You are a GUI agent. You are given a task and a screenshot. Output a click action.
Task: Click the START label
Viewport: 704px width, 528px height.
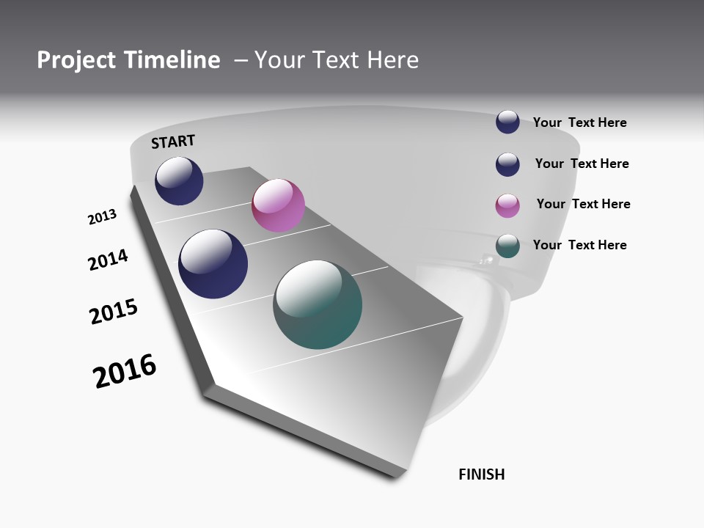click(x=173, y=142)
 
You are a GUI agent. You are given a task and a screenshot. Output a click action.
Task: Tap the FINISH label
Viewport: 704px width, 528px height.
click(x=482, y=474)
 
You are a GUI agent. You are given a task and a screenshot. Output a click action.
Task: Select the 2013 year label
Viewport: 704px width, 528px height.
click(x=102, y=217)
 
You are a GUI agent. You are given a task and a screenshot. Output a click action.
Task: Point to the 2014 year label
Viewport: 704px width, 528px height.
click(x=109, y=260)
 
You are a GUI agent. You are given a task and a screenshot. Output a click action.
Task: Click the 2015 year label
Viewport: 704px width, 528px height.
click(x=114, y=312)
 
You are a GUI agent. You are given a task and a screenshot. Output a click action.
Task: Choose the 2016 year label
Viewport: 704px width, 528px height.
click(x=125, y=371)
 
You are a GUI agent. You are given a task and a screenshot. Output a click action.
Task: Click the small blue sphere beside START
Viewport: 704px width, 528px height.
click(x=179, y=181)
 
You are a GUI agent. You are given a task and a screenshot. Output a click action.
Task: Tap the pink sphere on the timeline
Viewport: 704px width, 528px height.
click(x=278, y=205)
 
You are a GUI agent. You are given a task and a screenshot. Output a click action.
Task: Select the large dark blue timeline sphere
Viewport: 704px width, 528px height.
click(x=213, y=264)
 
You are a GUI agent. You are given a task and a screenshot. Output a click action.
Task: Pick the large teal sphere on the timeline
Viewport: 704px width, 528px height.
click(x=318, y=304)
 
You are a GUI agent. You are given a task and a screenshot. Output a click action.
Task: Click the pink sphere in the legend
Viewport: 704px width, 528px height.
click(x=507, y=205)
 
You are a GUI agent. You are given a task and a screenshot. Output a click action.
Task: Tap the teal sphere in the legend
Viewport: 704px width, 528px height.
click(x=507, y=246)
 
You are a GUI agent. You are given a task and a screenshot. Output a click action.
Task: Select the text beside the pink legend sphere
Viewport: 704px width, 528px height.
click(x=583, y=204)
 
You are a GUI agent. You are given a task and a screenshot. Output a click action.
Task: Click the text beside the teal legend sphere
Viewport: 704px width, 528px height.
click(x=579, y=245)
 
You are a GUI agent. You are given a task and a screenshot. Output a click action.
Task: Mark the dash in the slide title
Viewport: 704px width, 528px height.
click(x=241, y=60)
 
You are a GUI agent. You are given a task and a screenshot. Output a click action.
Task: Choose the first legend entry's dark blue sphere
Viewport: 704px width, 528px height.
click(x=507, y=122)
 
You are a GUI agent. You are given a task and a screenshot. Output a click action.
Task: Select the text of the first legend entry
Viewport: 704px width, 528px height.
click(x=579, y=122)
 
